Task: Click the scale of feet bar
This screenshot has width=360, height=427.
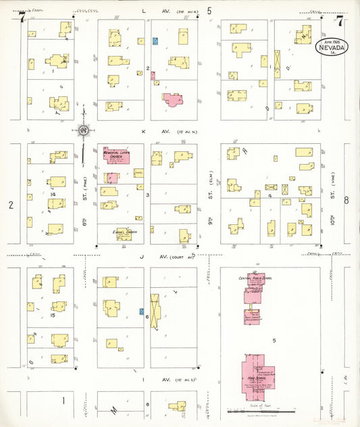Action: (262, 411)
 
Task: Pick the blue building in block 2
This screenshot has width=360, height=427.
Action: (156, 41)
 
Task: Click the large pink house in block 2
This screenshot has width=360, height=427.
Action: (174, 100)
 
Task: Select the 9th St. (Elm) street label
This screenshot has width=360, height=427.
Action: (210, 195)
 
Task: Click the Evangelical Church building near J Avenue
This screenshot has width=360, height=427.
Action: (124, 234)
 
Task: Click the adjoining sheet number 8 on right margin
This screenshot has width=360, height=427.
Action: (346, 200)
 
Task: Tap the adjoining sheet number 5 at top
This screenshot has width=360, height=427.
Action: (209, 11)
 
